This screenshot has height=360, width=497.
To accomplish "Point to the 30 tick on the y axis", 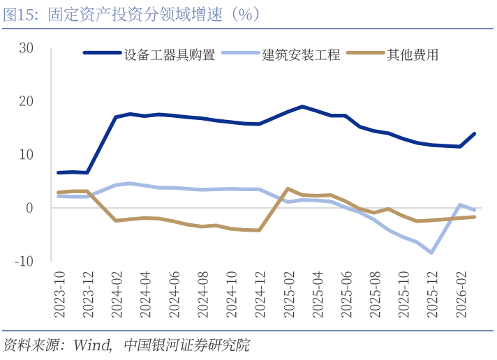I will [x=27, y=47].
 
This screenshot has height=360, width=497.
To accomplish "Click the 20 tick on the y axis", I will [x=27, y=101].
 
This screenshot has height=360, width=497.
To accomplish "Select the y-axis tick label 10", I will [x=27, y=154].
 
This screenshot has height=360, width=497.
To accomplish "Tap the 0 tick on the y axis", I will [x=30, y=208].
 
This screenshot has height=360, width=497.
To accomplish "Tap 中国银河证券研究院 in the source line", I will [x=186, y=345].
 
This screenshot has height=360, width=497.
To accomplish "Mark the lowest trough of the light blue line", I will [x=432, y=253].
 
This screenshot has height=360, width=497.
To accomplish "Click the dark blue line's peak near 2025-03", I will [x=302, y=107].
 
